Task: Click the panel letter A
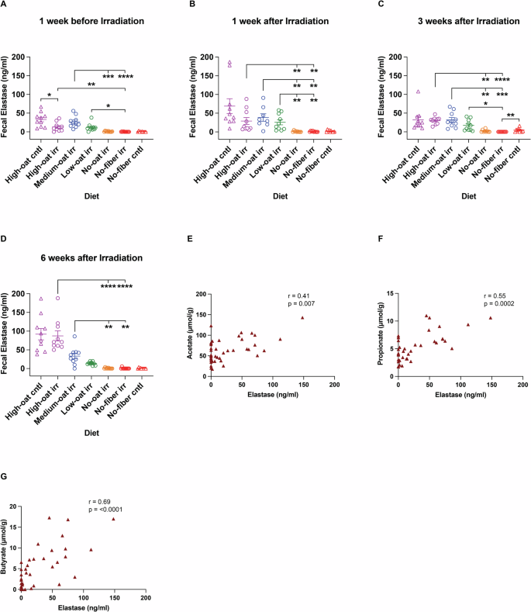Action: [4, 4]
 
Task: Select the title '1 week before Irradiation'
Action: [92, 20]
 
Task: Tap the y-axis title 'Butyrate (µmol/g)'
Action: [6, 549]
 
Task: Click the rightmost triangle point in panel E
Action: [302, 317]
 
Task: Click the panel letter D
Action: [4, 241]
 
